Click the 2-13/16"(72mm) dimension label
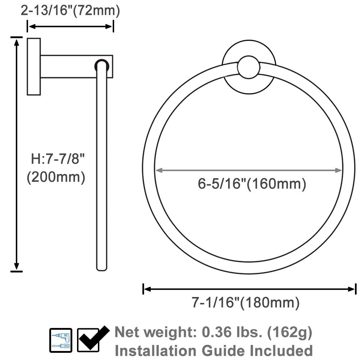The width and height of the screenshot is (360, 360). point(70,11)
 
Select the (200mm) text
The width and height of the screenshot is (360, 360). point(56,177)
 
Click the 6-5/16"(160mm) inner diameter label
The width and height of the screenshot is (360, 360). point(252,184)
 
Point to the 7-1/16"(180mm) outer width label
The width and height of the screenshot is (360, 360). point(245,303)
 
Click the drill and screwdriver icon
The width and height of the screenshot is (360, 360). point(60,340)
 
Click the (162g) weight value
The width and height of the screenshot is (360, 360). point(290,332)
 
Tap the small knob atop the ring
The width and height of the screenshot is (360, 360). point(249,67)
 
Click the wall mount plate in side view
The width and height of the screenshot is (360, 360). point(34,66)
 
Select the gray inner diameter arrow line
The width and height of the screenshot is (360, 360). point(248,170)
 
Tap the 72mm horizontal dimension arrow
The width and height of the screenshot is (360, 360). point(71,26)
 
